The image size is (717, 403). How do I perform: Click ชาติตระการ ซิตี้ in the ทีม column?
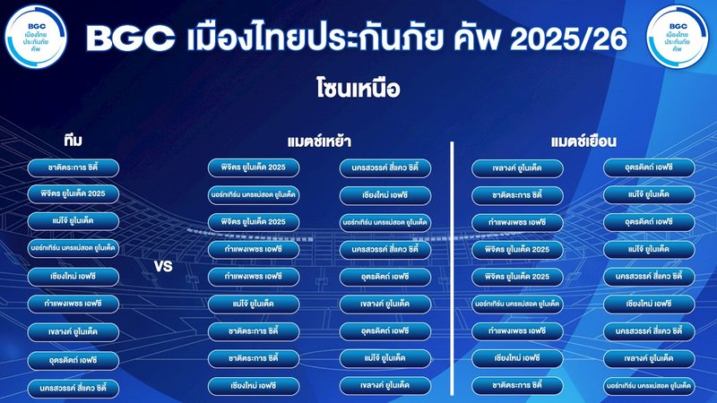coord(73,167)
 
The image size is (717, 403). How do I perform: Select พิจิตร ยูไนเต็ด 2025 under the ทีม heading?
coord(73,193)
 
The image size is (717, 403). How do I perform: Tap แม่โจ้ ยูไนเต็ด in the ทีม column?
coord(73,220)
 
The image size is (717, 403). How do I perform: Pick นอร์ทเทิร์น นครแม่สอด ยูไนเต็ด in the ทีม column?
coord(73,247)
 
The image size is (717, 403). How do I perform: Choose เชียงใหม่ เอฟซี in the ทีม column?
coord(73,276)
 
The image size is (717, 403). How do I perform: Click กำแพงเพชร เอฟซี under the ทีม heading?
coord(73,304)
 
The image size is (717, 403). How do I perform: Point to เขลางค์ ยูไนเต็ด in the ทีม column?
coord(73,332)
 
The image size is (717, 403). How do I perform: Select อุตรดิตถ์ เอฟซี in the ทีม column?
coord(73,360)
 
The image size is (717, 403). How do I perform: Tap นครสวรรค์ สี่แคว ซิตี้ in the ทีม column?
coord(73,389)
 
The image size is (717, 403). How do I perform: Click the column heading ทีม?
coord(74,141)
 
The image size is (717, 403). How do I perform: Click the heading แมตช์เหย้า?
coord(319,141)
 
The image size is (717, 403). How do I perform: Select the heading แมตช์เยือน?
coord(583,141)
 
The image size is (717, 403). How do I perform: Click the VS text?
coord(163,267)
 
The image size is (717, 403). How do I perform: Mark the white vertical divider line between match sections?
coord(451,269)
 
